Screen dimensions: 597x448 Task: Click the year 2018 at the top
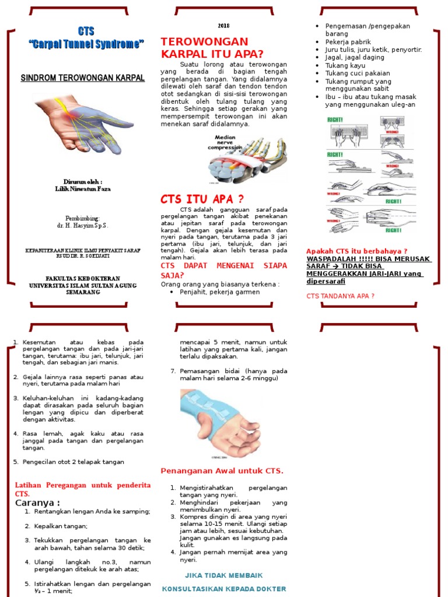tap(224, 26)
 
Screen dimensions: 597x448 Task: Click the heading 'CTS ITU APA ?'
tap(202, 199)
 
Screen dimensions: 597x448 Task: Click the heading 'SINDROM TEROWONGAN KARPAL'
tap(82, 78)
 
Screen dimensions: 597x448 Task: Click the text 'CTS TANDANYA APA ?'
tap(340, 296)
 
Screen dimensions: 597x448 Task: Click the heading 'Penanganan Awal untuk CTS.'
tap(222, 470)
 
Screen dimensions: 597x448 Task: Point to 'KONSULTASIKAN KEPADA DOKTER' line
tap(224, 589)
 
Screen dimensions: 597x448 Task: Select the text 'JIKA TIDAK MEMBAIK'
tap(224, 575)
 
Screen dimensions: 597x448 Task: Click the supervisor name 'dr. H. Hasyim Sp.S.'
tap(82, 225)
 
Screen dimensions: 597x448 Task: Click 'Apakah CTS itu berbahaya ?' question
tap(356, 251)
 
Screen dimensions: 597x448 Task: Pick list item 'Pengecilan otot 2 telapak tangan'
tap(73, 462)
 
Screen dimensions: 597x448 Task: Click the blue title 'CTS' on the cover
tap(86, 31)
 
